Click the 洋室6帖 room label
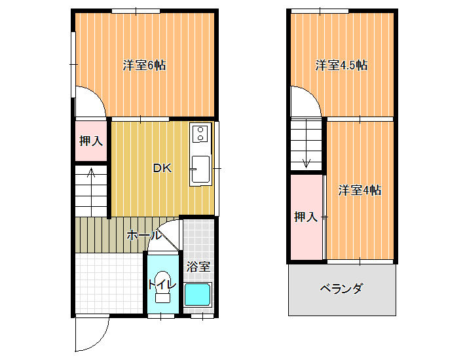(144, 65)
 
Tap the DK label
(162, 168)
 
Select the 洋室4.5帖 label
(341, 65)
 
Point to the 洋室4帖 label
(360, 190)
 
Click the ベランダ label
(341, 288)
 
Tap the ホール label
(144, 235)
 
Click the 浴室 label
(198, 266)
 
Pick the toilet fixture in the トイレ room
(162, 287)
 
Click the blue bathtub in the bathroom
(198, 295)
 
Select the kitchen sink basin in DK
(200, 169)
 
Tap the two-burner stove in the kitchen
(200, 134)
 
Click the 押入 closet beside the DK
(91, 141)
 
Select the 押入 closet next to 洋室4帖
(306, 217)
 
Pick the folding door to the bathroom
(168, 236)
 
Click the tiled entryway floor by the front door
(109, 283)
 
